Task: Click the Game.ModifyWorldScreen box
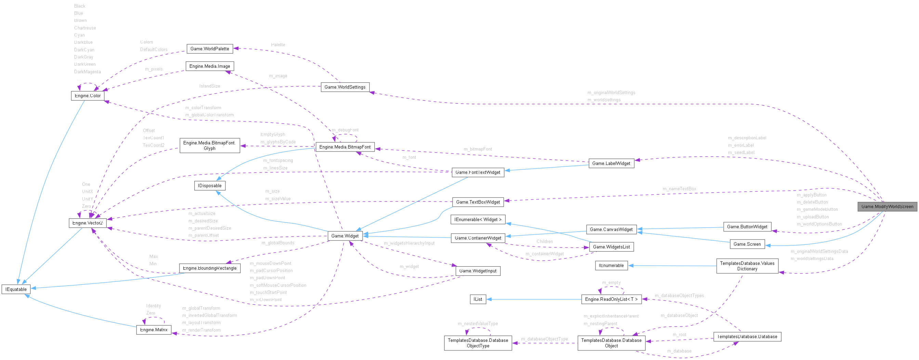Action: [887, 207]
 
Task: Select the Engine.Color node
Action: [88, 95]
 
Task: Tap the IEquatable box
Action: [16, 289]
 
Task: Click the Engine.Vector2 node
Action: [88, 223]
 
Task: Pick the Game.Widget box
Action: [345, 236]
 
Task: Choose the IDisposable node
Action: [210, 185]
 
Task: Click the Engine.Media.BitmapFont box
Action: [345, 147]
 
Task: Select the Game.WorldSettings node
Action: [345, 87]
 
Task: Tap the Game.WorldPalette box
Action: [210, 49]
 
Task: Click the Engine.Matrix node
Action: [154, 330]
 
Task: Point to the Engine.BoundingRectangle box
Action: [210, 268]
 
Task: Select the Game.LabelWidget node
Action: [611, 164]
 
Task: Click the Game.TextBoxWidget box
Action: [478, 202]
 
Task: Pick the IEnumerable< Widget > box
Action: [478, 219]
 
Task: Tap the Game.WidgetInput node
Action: [478, 271]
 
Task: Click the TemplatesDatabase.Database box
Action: [747, 336]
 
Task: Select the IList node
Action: [478, 299]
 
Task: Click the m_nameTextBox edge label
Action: [679, 189]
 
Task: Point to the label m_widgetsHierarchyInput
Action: [409, 243]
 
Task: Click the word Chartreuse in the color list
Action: [85, 28]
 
